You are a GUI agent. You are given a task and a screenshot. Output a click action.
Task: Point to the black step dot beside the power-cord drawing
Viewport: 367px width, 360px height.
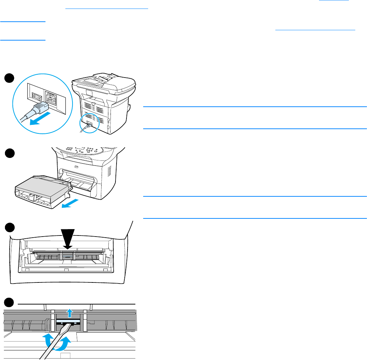pyautogui.click(x=10, y=78)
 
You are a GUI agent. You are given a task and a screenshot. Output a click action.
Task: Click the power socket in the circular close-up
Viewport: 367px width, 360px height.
pyautogui.click(x=51, y=96)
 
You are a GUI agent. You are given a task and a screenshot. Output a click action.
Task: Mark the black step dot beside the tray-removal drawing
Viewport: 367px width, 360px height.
pyautogui.click(x=10, y=154)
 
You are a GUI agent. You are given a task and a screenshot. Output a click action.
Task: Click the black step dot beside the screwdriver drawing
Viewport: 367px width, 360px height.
pyautogui.click(x=10, y=303)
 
